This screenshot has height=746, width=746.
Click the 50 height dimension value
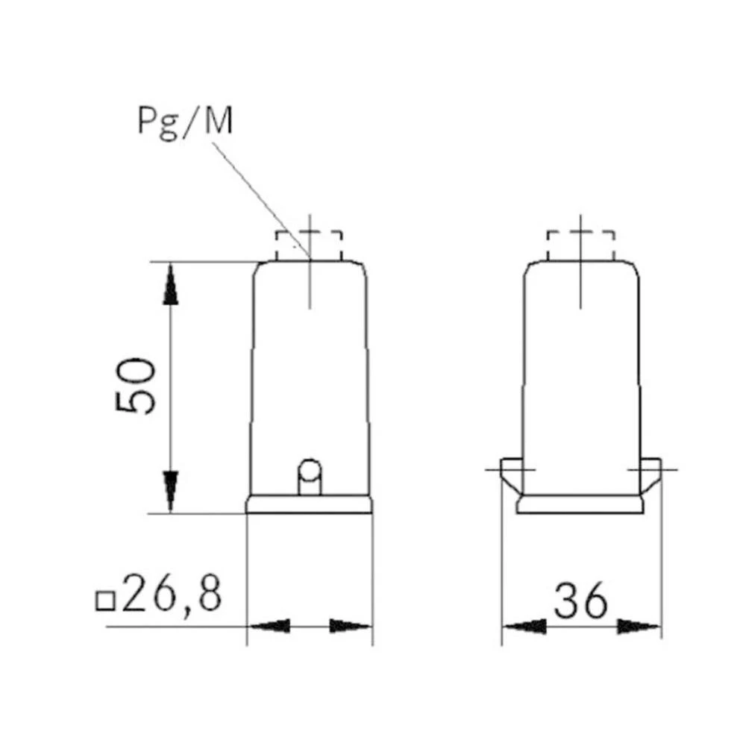[137, 386]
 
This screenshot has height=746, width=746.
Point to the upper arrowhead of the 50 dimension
[171, 286]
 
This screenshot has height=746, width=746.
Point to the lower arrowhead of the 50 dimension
[171, 489]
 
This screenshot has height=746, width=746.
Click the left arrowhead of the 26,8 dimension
[269, 626]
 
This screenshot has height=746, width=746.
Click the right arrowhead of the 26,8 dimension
[351, 626]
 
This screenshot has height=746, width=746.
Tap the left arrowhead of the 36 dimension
[524, 626]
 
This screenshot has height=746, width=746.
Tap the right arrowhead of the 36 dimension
[639, 626]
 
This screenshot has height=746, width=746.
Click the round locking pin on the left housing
[309, 471]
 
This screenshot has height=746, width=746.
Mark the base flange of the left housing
[309, 505]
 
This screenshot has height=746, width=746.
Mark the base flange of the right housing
[580, 505]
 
